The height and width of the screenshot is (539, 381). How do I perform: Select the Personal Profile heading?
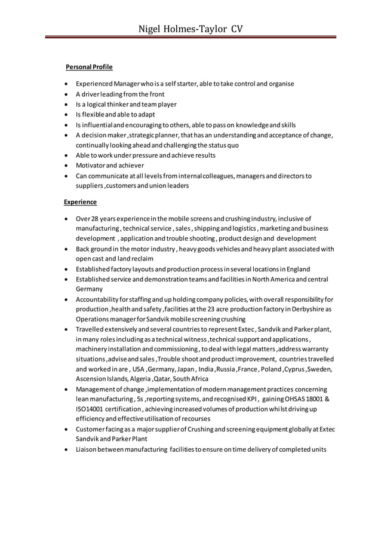pyautogui.click(x=89, y=66)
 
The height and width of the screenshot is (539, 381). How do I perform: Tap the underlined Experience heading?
pyautogui.click(x=81, y=202)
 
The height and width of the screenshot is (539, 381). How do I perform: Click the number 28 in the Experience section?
pyautogui.click(x=94, y=218)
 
